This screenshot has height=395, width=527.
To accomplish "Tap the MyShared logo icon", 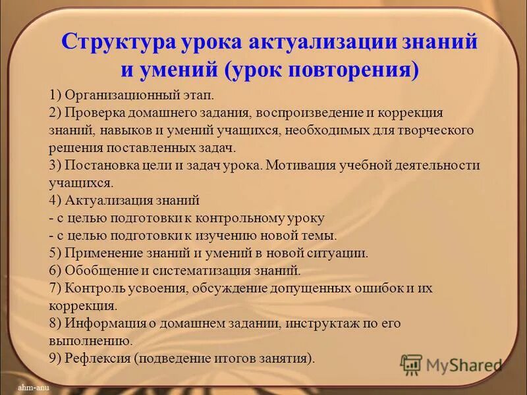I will point(411,365).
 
